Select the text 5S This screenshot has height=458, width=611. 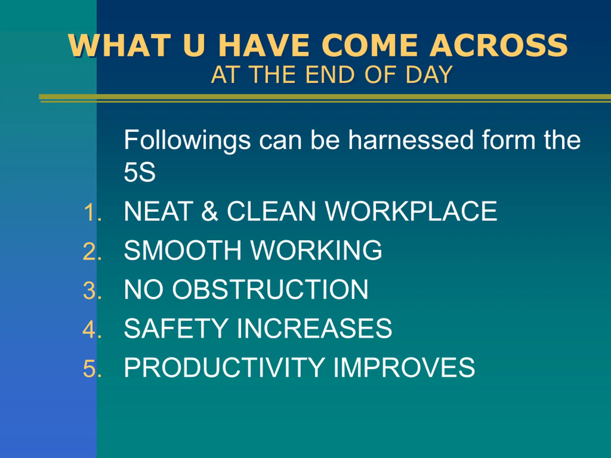point(139,172)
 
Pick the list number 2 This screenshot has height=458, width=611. point(92,251)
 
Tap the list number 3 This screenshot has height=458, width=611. point(92,291)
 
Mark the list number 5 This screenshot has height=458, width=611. point(92,369)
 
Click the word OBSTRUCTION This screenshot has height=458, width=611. point(270,289)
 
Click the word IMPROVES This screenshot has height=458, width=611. point(404,367)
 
